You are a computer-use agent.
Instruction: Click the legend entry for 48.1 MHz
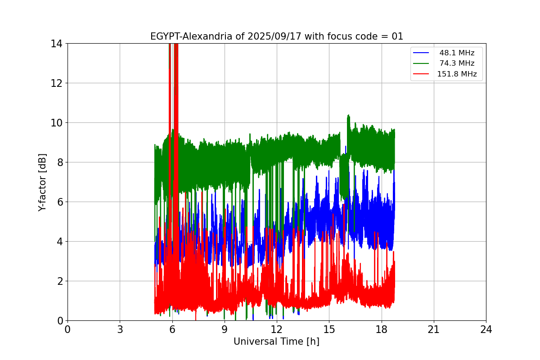point(457,53)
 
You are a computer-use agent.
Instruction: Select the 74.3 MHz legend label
point(457,63)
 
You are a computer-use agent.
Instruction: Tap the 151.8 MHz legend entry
point(457,74)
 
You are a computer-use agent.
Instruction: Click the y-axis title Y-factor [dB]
point(42,182)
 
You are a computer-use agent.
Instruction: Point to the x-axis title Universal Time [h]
point(276,342)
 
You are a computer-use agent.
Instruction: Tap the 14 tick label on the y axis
point(57,44)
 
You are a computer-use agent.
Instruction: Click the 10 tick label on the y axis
point(57,123)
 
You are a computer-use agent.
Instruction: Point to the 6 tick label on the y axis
point(59,202)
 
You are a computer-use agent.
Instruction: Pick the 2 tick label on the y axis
point(59,281)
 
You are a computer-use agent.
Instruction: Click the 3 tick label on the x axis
point(120,330)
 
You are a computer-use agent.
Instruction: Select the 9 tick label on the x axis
point(225,330)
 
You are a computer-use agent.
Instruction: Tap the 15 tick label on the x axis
point(329,330)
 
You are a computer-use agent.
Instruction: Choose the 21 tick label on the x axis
point(434,330)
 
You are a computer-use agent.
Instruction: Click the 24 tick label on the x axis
point(486,330)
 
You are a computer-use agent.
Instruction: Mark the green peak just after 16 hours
point(348,116)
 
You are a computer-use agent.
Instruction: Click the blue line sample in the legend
point(422,53)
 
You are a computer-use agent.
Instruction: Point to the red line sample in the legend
point(422,74)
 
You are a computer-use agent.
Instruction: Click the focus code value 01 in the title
point(397,36)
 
